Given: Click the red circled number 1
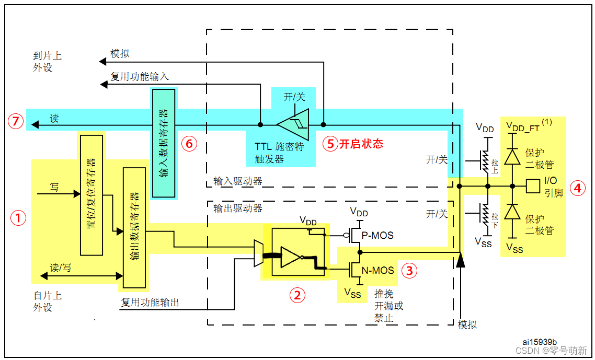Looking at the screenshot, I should tap(19, 218).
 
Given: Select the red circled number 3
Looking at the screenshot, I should tap(409, 270).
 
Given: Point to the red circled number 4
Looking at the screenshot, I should tap(577, 188).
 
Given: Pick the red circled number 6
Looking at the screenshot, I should tap(189, 144).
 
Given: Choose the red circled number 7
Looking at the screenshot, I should tap(16, 122).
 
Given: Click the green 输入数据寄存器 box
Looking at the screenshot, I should tap(163, 143).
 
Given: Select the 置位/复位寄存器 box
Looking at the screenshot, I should tap(91, 195).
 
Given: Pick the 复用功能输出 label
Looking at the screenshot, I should tap(150, 302).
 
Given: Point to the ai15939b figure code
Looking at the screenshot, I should tap(540, 342).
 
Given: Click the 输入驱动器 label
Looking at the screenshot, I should tap(237, 181).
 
